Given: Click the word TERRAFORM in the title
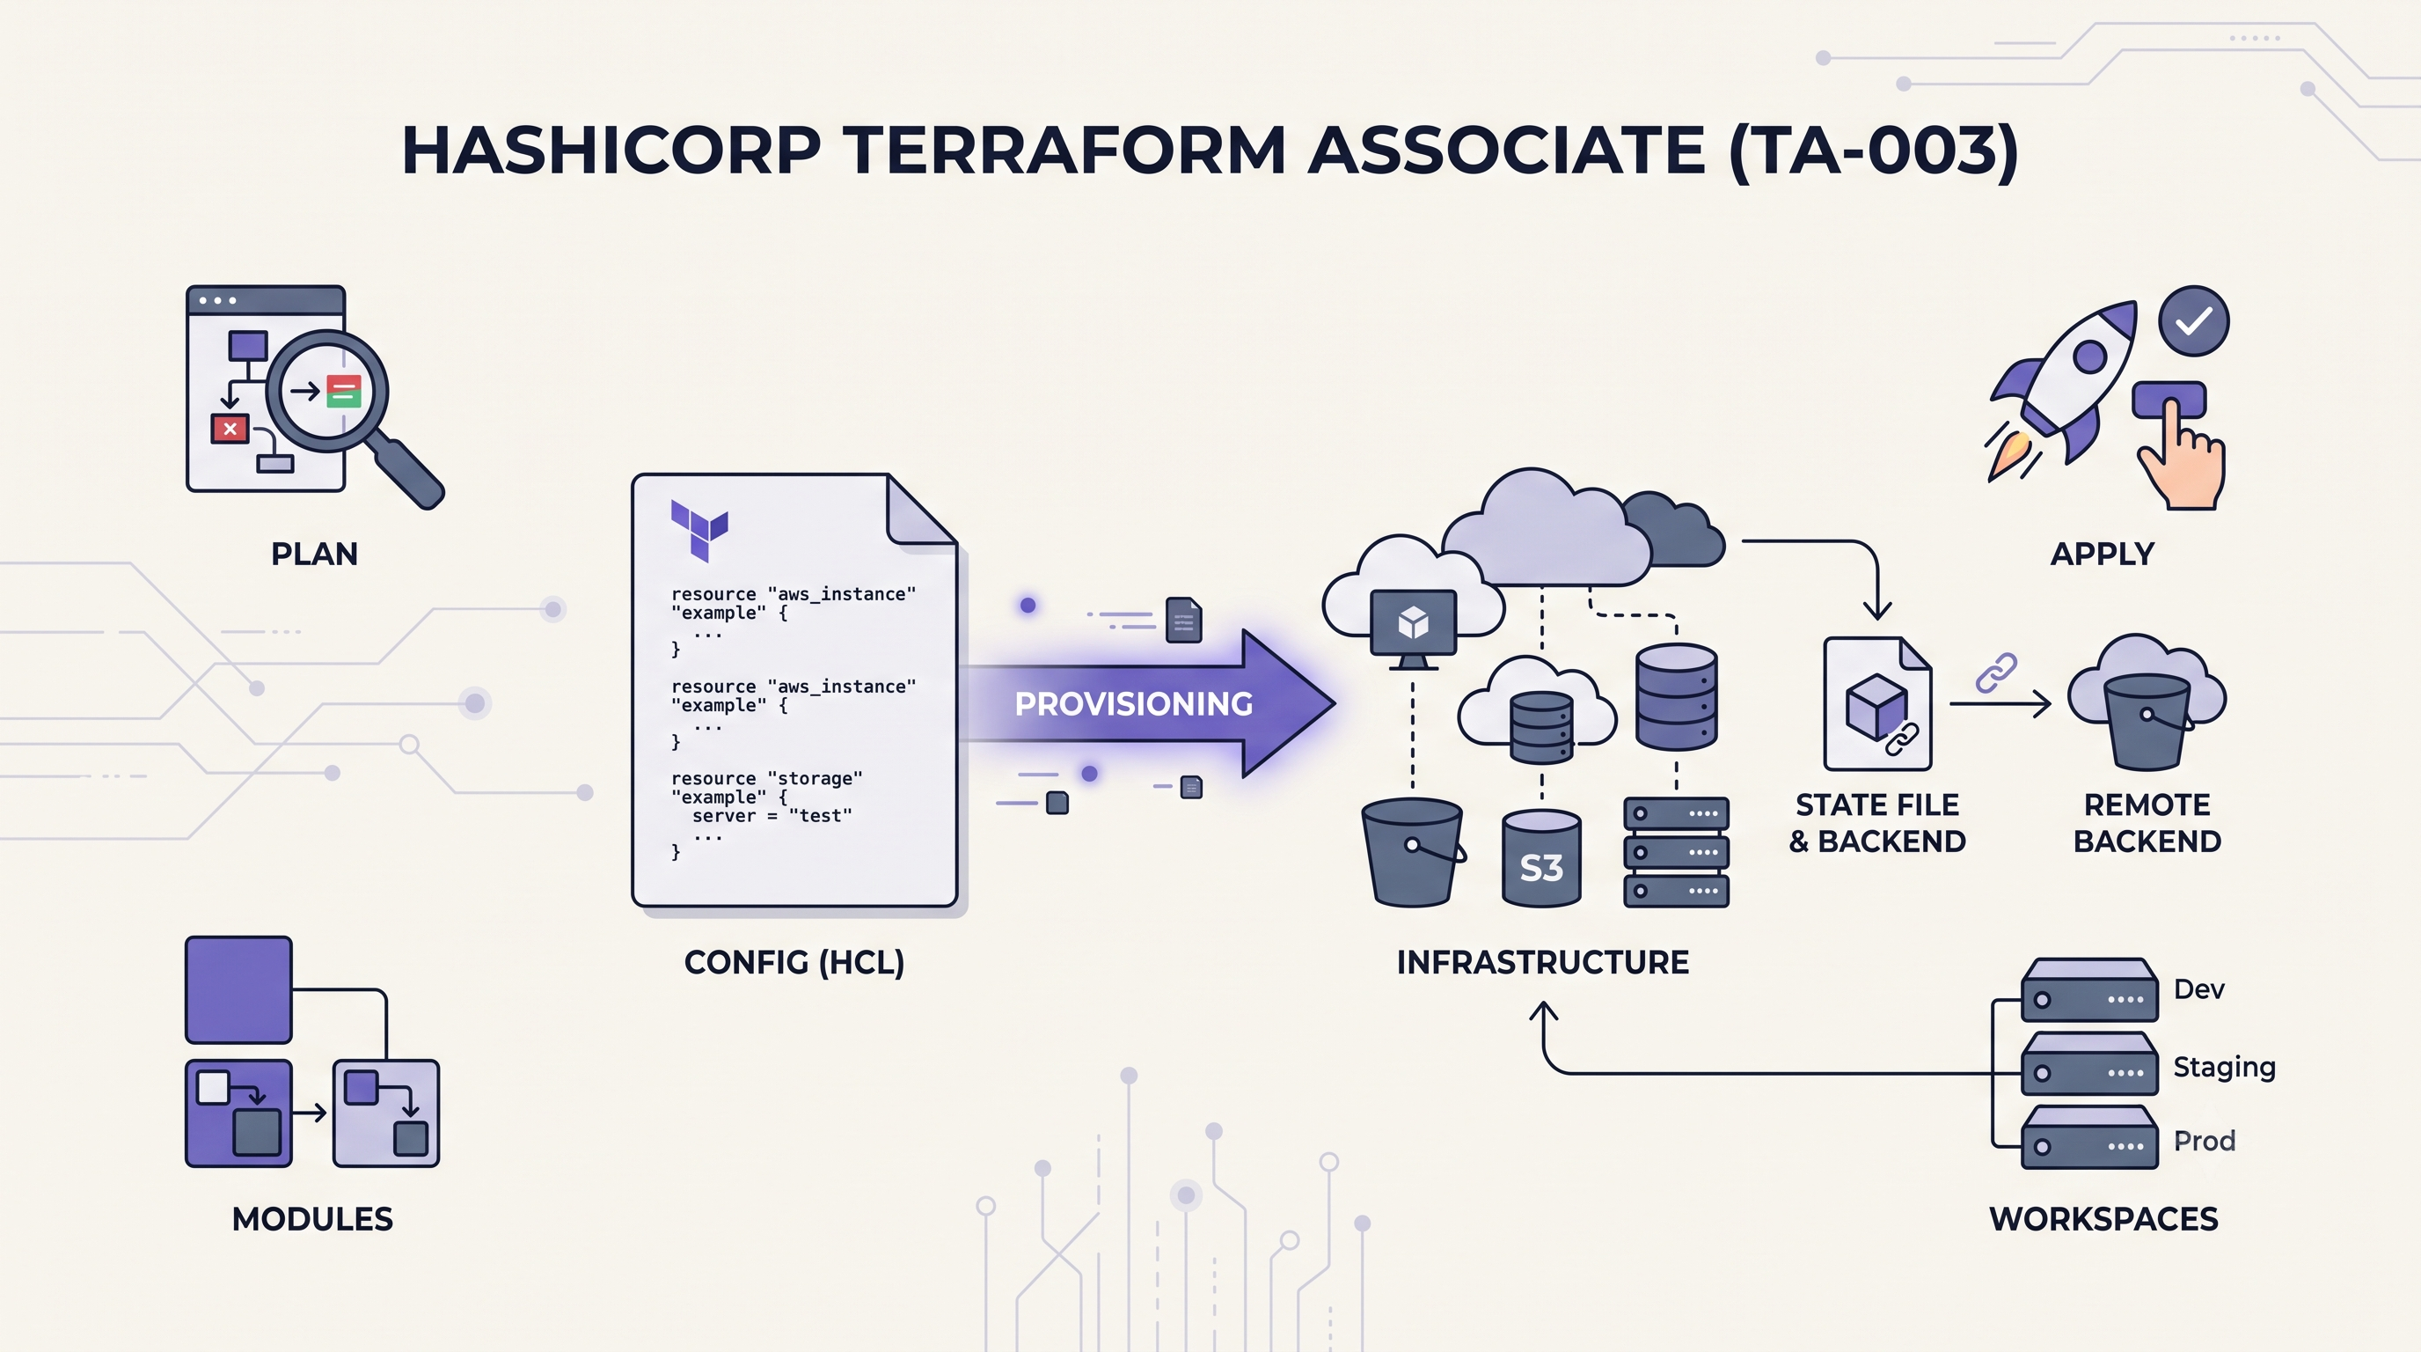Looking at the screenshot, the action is [x=1063, y=151].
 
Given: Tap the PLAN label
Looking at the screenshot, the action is [x=314, y=555].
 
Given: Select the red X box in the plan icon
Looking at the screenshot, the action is [x=230, y=429].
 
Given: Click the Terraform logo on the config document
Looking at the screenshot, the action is [x=699, y=529].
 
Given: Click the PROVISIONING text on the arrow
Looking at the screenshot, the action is [x=1133, y=704].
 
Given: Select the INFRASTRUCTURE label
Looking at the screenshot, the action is [x=1542, y=963].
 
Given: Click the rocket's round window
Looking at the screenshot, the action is [x=2089, y=356].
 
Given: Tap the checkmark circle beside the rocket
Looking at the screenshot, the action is [x=2193, y=321].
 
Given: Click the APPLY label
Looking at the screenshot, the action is [x=2103, y=555].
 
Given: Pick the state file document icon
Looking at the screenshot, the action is [x=1876, y=703].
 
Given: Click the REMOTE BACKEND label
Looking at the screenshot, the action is [x=2147, y=823].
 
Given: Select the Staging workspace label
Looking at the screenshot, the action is [x=2224, y=1067].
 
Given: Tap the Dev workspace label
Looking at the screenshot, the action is [x=2198, y=989].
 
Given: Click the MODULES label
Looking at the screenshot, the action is [x=312, y=1219].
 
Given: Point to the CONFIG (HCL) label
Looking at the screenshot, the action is [x=794, y=963].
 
